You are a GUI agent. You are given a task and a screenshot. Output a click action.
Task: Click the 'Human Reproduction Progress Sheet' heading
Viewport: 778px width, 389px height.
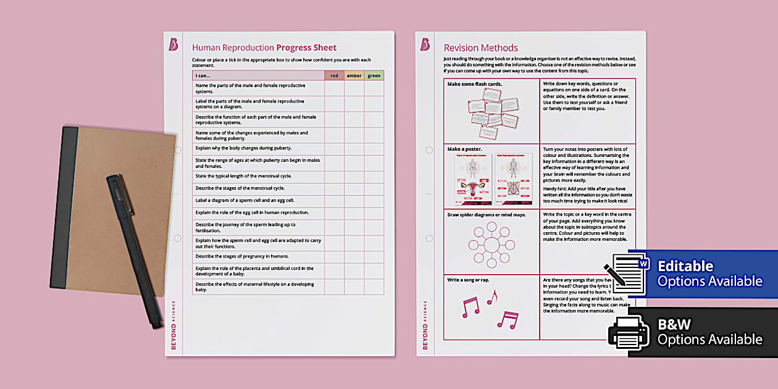(264, 48)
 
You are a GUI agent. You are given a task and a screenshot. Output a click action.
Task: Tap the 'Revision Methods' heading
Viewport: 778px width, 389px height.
(480, 48)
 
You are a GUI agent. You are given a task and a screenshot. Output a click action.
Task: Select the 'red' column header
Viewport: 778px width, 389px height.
(334, 76)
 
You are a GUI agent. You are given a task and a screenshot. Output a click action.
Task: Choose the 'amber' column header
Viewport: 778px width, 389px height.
(354, 76)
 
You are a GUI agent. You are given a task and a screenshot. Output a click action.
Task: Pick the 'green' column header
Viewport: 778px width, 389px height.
(374, 76)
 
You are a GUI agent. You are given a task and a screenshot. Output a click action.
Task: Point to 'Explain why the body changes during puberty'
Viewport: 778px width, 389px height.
(243, 148)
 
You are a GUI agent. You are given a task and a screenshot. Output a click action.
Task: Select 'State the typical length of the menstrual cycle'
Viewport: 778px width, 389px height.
(243, 176)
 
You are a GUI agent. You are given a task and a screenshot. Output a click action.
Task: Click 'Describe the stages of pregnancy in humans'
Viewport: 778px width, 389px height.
(241, 256)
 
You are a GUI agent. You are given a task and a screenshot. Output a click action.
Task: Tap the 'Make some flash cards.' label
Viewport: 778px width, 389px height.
(474, 84)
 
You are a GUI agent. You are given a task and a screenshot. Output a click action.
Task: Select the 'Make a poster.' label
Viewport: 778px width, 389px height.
(465, 149)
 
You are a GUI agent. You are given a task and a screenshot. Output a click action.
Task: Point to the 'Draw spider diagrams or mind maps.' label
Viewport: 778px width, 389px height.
(487, 215)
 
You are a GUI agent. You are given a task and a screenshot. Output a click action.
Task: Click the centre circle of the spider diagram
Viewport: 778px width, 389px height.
(491, 245)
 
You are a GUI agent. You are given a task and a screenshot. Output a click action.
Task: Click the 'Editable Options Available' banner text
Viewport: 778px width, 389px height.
(709, 274)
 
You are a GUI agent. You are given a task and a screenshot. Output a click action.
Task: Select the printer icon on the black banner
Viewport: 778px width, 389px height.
(629, 333)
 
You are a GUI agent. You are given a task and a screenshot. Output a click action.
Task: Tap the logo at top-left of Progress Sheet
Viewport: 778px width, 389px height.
(174, 44)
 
